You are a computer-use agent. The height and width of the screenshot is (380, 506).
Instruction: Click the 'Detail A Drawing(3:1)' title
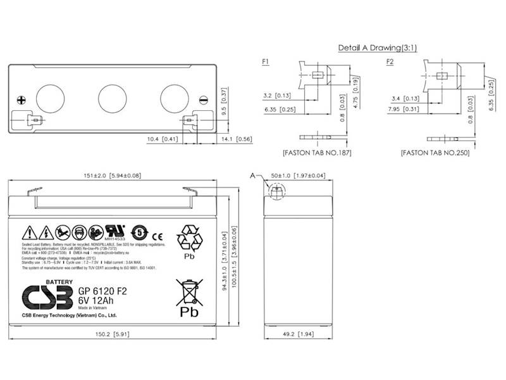point(377,47)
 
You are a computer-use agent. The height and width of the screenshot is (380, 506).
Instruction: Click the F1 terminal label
point(266,61)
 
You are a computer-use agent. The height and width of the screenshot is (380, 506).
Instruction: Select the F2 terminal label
point(390,61)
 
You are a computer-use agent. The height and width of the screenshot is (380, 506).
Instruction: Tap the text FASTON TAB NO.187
point(317,153)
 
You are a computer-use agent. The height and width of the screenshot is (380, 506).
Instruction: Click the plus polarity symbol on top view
point(22,99)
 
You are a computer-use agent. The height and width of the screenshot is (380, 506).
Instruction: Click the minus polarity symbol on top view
point(203,99)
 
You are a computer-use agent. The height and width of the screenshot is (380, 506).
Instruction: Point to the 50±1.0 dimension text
point(298,175)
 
